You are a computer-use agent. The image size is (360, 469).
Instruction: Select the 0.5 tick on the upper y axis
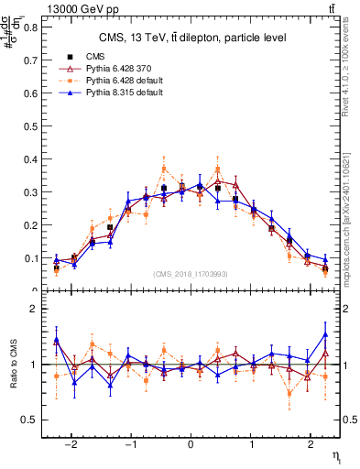coord(34,125)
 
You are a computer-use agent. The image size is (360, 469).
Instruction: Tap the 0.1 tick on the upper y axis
coord(34,258)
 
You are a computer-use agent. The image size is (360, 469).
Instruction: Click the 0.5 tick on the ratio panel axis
coord(34,420)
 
